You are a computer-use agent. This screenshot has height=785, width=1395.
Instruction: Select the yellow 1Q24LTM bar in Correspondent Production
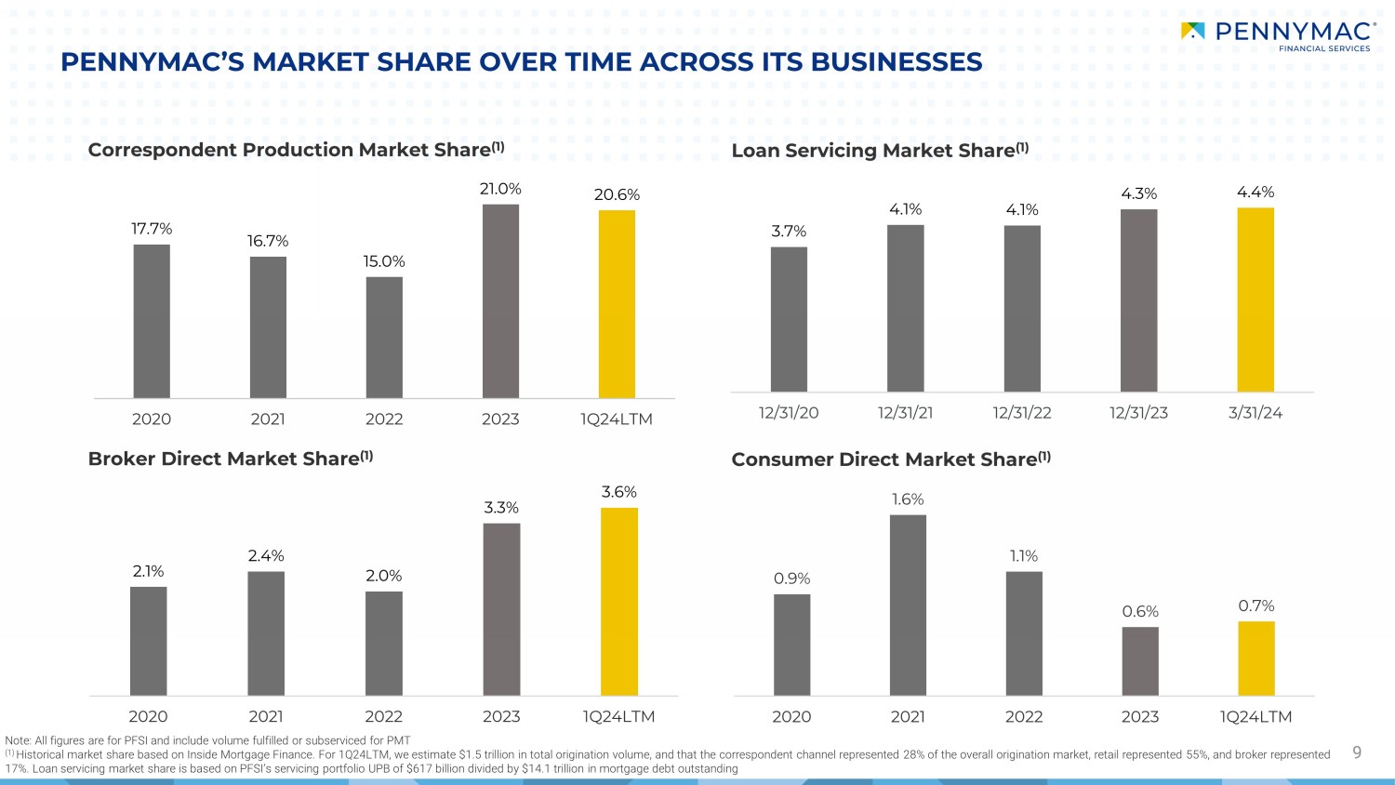[x=617, y=304]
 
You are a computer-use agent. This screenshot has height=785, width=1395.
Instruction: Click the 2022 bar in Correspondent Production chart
[x=384, y=337]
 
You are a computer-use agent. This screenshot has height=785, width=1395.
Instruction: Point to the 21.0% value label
[x=500, y=189]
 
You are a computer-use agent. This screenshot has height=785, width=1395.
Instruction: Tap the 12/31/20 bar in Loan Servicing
[x=789, y=319]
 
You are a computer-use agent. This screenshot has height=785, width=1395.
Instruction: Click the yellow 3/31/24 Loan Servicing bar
[x=1255, y=299]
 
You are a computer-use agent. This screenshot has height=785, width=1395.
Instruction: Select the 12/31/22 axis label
[x=1022, y=413]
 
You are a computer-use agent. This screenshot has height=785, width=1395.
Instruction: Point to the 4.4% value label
[x=1255, y=193]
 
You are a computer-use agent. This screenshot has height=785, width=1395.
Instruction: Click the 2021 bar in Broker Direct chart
[x=266, y=632]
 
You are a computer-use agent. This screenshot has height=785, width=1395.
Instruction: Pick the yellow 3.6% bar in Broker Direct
[x=619, y=601]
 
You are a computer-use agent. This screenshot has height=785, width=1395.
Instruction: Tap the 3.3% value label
[x=501, y=508]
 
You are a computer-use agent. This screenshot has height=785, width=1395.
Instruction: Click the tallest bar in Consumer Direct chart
[x=908, y=605]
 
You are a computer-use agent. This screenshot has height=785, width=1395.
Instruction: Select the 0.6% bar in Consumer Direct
[x=1140, y=660]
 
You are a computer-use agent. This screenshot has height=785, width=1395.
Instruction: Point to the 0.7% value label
[x=1256, y=606]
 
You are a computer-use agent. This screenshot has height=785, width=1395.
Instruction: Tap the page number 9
[x=1357, y=752]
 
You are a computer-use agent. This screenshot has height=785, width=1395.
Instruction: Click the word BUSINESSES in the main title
[x=897, y=62]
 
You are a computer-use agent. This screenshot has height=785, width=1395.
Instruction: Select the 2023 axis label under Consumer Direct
[x=1140, y=716]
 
